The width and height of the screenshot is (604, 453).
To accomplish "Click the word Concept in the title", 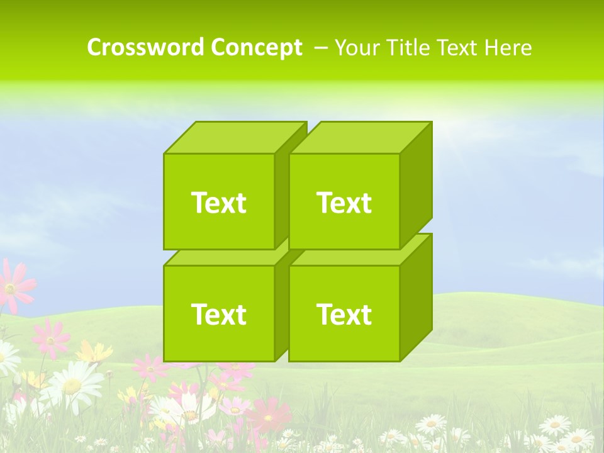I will [256, 48].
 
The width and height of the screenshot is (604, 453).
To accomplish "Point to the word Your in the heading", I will [357, 48].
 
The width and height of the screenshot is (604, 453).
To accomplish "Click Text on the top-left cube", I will [218, 203].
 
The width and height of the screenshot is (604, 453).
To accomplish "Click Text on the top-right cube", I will [344, 203].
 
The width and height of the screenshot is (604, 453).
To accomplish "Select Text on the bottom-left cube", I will [218, 314].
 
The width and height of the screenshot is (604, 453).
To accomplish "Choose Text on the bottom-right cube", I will [344, 314].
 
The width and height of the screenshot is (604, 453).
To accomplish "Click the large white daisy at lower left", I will [72, 383].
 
